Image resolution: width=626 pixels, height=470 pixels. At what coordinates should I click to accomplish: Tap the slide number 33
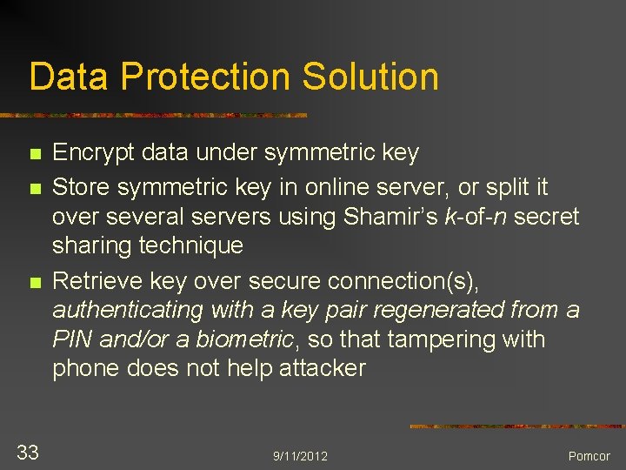(28, 451)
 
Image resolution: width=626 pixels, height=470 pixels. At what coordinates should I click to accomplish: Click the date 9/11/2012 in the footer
(300, 456)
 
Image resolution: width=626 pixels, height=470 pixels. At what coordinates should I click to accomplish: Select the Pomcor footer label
(589, 456)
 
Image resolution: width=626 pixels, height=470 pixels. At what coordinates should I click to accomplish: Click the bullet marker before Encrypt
(35, 155)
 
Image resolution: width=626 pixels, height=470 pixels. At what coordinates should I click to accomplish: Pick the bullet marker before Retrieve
(35, 282)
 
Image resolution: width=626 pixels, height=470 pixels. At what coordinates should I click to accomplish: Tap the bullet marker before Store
(35, 187)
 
